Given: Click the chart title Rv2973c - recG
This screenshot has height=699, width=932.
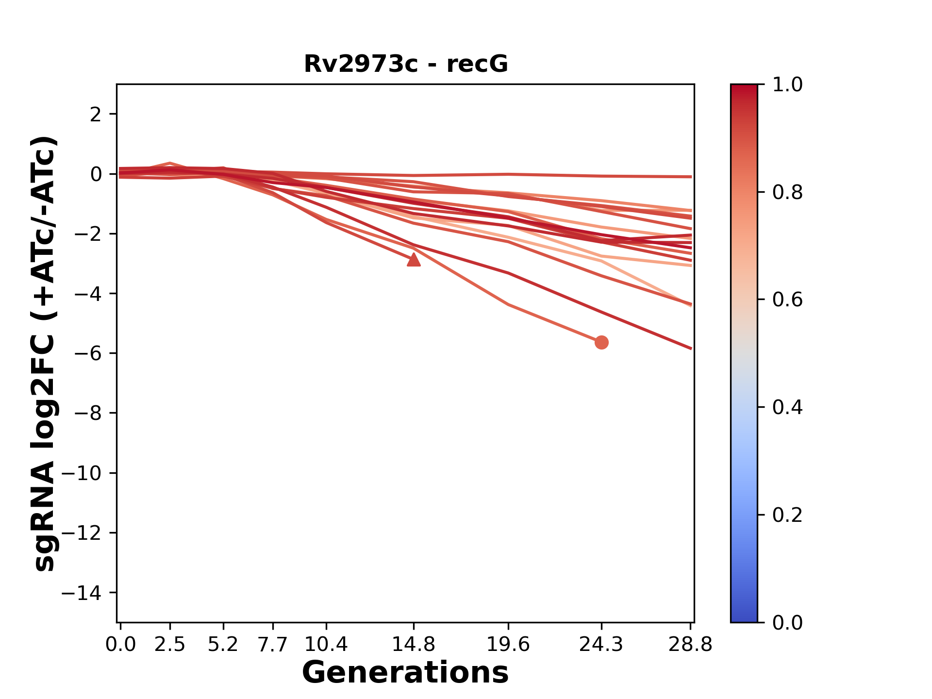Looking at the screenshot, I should click(x=406, y=64).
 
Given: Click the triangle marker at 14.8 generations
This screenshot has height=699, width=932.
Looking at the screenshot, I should click(x=414, y=260).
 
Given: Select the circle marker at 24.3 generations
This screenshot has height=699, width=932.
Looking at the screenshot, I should click(x=601, y=343).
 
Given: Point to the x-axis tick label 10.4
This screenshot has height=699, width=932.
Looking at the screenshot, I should click(x=326, y=645).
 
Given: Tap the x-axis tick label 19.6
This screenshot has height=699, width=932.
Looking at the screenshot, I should click(x=508, y=645).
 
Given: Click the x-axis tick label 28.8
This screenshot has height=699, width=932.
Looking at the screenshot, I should click(x=690, y=645).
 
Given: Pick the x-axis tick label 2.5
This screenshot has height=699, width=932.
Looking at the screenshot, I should click(x=170, y=645).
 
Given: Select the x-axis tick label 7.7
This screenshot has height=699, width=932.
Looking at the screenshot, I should click(x=273, y=645).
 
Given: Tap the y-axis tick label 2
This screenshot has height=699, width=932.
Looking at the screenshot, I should click(x=96, y=115).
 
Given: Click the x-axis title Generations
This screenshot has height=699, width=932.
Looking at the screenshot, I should click(x=405, y=673).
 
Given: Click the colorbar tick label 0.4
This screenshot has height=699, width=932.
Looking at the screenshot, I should click(x=787, y=407).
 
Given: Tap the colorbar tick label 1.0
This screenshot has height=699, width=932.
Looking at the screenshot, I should click(x=787, y=85).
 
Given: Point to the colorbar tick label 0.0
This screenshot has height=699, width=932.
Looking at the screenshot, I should click(x=787, y=622).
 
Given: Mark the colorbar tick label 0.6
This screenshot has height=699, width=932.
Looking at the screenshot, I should click(x=787, y=300).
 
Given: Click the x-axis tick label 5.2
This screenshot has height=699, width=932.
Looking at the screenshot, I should click(x=223, y=645).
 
